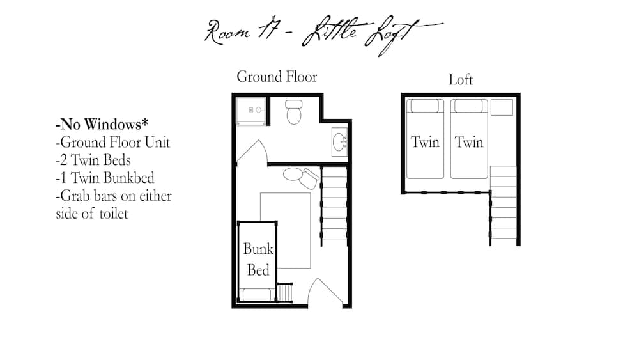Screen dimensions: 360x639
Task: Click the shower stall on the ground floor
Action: tap(250, 111)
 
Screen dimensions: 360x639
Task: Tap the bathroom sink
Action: tap(340, 141)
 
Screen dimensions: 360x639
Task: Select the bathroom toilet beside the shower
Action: tap(295, 111)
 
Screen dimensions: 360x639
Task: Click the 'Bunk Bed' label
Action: tap(258, 260)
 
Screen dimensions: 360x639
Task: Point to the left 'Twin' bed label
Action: tap(425, 142)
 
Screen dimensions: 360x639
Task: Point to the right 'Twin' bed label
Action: tap(469, 142)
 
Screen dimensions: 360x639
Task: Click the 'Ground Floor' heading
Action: tap(277, 77)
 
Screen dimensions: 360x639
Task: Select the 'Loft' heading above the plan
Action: tap(460, 80)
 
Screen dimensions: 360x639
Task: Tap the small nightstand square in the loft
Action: tap(502, 107)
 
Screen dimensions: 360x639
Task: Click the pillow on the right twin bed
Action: tap(469, 106)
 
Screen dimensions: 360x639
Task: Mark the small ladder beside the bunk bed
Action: tap(284, 292)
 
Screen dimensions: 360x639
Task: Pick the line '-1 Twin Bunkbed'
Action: tap(105, 178)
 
